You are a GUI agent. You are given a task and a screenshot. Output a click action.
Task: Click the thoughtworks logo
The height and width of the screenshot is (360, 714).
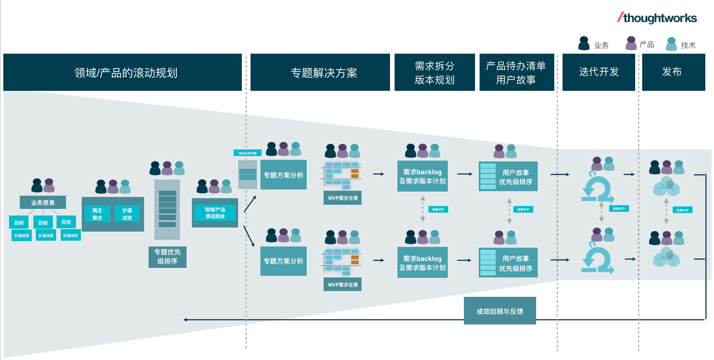657,18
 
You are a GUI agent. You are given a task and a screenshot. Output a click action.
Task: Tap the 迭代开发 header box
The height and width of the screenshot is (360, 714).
598,72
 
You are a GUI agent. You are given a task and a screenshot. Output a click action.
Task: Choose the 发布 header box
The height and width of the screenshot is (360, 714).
673,72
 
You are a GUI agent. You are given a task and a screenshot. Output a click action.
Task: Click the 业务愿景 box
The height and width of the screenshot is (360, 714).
43,202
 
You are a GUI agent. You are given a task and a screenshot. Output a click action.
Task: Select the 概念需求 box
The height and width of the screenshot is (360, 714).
97,214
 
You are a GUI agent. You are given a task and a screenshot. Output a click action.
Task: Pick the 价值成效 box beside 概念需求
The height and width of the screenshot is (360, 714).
127,214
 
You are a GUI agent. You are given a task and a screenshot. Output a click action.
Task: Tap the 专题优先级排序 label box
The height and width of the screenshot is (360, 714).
167,257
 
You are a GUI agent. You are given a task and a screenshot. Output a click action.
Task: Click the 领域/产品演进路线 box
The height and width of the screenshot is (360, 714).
215,213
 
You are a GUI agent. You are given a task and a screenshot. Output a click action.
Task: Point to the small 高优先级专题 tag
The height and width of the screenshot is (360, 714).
247,153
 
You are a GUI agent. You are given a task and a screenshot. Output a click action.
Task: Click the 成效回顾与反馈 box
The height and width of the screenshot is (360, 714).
499,311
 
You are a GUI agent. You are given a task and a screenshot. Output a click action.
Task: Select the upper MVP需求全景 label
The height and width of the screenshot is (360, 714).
343,198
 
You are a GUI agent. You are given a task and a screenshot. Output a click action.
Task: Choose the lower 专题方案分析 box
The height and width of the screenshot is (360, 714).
283,261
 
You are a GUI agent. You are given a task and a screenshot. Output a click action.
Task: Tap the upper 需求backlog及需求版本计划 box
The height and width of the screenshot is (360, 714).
422,176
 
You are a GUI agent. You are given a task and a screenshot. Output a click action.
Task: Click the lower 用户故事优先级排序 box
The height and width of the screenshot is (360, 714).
508,263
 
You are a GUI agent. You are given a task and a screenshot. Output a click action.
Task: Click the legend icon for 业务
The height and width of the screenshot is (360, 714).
584,43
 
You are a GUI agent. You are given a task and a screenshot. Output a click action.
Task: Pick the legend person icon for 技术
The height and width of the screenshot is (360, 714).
671,44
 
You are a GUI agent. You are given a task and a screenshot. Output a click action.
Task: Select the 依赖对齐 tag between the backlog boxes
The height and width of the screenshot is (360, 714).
438,209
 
